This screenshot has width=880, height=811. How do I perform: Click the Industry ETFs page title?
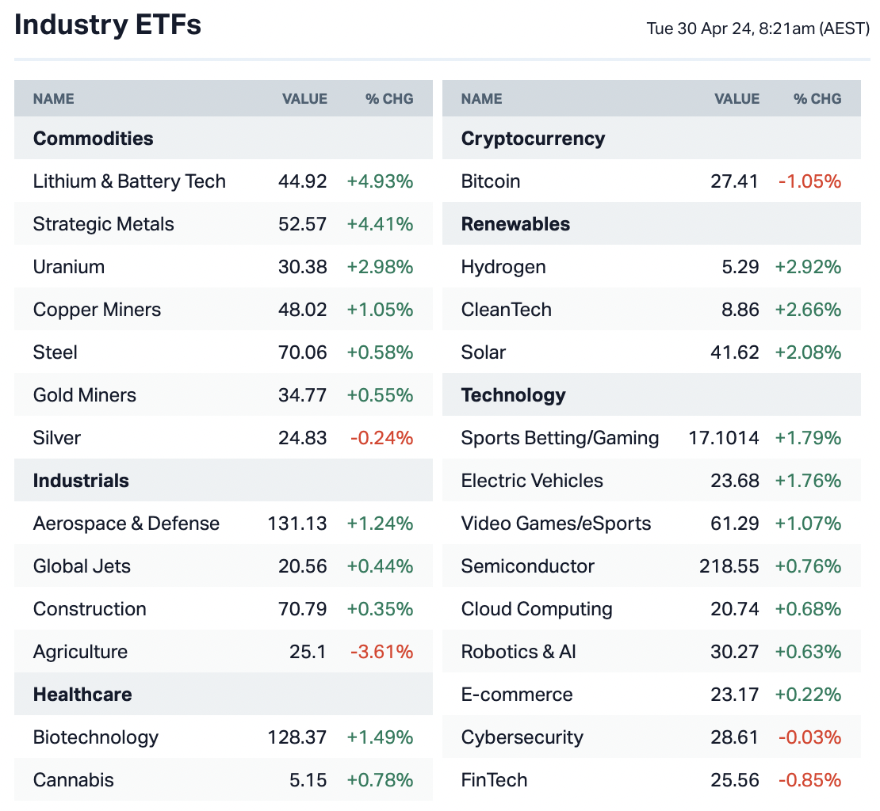pyautogui.click(x=108, y=25)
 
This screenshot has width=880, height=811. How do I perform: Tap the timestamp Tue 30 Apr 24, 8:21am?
pyautogui.click(x=758, y=29)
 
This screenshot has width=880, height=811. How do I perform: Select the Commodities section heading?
pyautogui.click(x=93, y=139)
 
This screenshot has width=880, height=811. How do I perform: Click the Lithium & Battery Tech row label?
pyautogui.click(x=129, y=181)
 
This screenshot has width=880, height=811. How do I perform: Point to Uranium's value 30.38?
pyautogui.click(x=302, y=267)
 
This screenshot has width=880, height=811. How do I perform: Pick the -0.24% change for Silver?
pyautogui.click(x=381, y=438)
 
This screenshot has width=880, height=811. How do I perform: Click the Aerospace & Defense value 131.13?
pyautogui.click(x=297, y=524)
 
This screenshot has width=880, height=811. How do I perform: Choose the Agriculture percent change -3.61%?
pyautogui.click(x=381, y=652)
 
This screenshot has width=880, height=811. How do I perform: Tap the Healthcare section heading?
pyautogui.click(x=82, y=695)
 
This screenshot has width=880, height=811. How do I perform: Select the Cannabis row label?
pyautogui.click(x=74, y=780)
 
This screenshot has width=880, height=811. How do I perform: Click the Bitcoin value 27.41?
pyautogui.click(x=734, y=181)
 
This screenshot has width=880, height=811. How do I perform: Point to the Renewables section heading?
pyautogui.click(x=515, y=224)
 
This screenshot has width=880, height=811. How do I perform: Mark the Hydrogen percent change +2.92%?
pyautogui.click(x=808, y=267)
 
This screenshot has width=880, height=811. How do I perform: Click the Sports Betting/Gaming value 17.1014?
pyautogui.click(x=723, y=438)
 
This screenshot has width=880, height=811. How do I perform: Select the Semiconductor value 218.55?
pyautogui.click(x=729, y=566)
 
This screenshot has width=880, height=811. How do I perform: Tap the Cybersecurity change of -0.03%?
pyautogui.click(x=809, y=737)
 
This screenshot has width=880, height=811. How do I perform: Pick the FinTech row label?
pyautogui.click(x=494, y=780)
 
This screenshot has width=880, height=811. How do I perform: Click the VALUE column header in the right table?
pyautogui.click(x=737, y=99)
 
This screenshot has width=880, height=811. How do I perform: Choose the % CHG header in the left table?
pyautogui.click(x=389, y=99)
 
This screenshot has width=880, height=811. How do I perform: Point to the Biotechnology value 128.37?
pyautogui.click(x=297, y=737)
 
